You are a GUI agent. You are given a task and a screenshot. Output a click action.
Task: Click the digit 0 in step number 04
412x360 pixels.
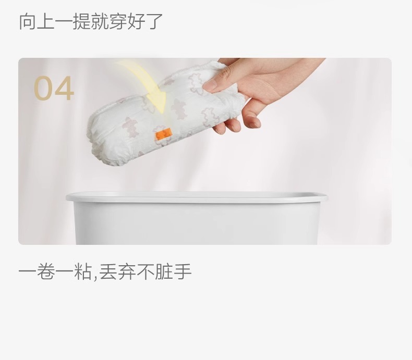(43, 88)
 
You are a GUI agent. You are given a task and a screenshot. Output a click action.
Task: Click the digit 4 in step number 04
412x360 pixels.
(64, 88)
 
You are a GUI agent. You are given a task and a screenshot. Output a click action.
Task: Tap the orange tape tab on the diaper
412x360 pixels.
(163, 135)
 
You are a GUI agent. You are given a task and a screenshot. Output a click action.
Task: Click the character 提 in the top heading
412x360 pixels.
(81, 21)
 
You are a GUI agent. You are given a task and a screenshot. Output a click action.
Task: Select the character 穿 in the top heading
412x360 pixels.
(118, 21)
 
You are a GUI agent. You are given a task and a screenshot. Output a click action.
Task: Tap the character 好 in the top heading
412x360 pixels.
(136, 21)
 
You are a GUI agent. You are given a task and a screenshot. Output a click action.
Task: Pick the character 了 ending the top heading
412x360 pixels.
(154, 21)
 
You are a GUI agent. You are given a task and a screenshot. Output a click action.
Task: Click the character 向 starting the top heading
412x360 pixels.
(28, 21)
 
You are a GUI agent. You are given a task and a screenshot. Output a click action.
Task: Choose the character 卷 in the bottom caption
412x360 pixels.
(46, 271)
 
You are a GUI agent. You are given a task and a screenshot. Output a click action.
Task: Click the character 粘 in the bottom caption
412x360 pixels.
(82, 271)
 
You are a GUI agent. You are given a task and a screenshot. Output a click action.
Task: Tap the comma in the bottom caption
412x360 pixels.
(94, 277)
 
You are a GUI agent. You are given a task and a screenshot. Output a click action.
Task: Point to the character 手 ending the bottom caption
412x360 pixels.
(183, 271)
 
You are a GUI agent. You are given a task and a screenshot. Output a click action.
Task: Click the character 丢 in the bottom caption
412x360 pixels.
(109, 271)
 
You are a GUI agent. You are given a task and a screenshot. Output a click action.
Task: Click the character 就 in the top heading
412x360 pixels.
(100, 21)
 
